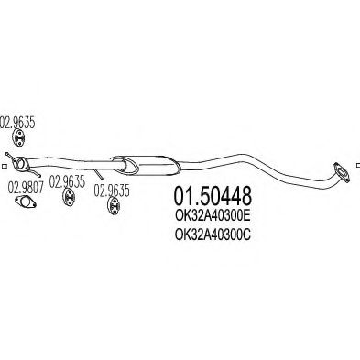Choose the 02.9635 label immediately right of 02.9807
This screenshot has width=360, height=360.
(67, 181)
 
